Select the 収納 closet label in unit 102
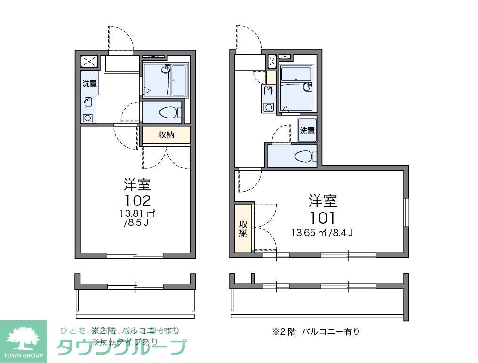click(166, 135)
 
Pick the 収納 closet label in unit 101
click(243, 228)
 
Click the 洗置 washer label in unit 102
click(89, 84)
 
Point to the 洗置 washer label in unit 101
click(307, 131)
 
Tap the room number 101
click(322, 218)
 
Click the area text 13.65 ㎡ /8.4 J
click(322, 232)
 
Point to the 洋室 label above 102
click(137, 184)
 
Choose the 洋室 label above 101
click(323, 201)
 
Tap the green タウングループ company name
click(121, 347)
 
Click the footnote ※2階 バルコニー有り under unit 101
click(316, 331)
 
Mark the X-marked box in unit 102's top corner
click(89, 61)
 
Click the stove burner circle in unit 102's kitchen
click(88, 118)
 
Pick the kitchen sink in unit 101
click(269, 90)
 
